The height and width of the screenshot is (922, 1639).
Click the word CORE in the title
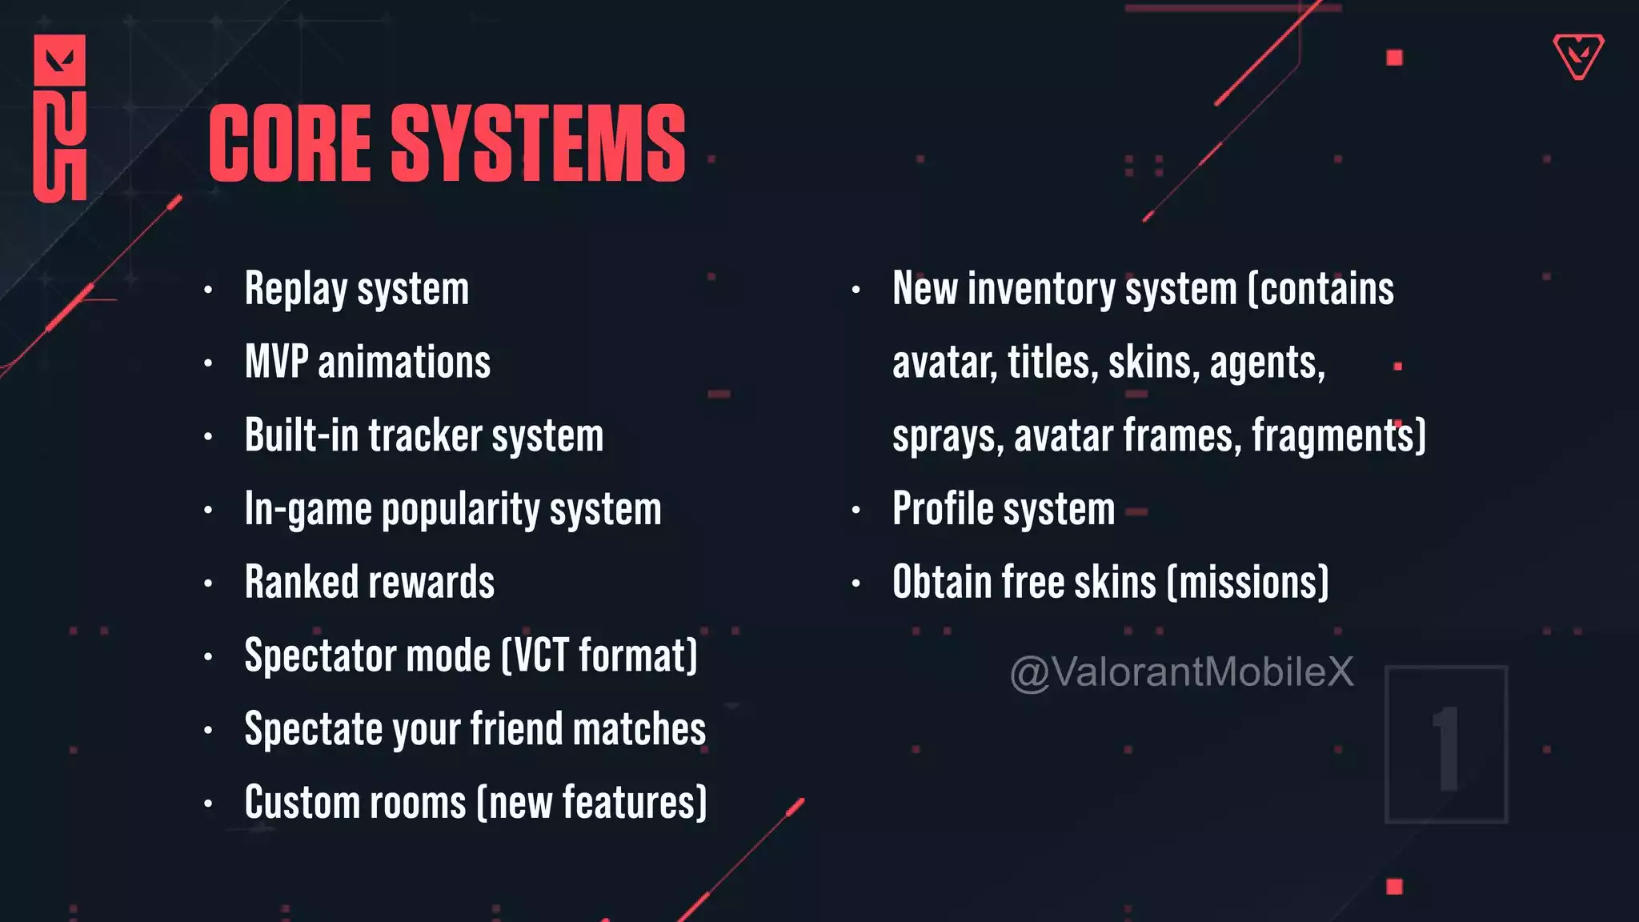tap(290, 143)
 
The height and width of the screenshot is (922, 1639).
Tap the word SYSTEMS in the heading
tap(538, 143)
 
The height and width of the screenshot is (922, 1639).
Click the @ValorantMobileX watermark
tap(1181, 672)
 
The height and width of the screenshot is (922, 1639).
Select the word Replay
tap(295, 290)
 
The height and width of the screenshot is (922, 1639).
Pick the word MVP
tap(276, 362)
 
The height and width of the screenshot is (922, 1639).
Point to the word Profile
tap(943, 509)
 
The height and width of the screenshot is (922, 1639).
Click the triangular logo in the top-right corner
tap(1578, 56)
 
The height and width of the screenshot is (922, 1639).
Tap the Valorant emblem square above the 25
tap(59, 60)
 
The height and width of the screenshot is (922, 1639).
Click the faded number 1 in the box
tap(1446, 748)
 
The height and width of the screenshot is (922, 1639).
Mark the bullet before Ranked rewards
tap(208, 583)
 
